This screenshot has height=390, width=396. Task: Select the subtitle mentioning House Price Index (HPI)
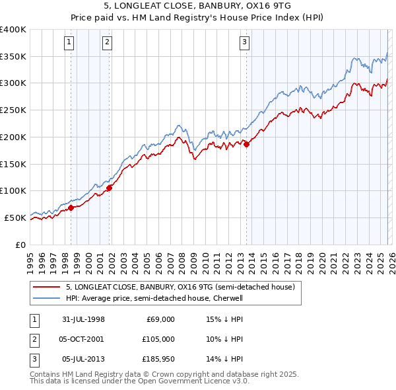pyautogui.click(x=197, y=18)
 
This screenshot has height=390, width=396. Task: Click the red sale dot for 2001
pyautogui.click(x=109, y=188)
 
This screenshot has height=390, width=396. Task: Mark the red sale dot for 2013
pyautogui.click(x=246, y=145)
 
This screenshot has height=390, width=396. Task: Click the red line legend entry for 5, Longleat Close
pyautogui.click(x=183, y=287)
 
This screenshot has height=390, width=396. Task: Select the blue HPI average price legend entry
pyautogui.click(x=154, y=298)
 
